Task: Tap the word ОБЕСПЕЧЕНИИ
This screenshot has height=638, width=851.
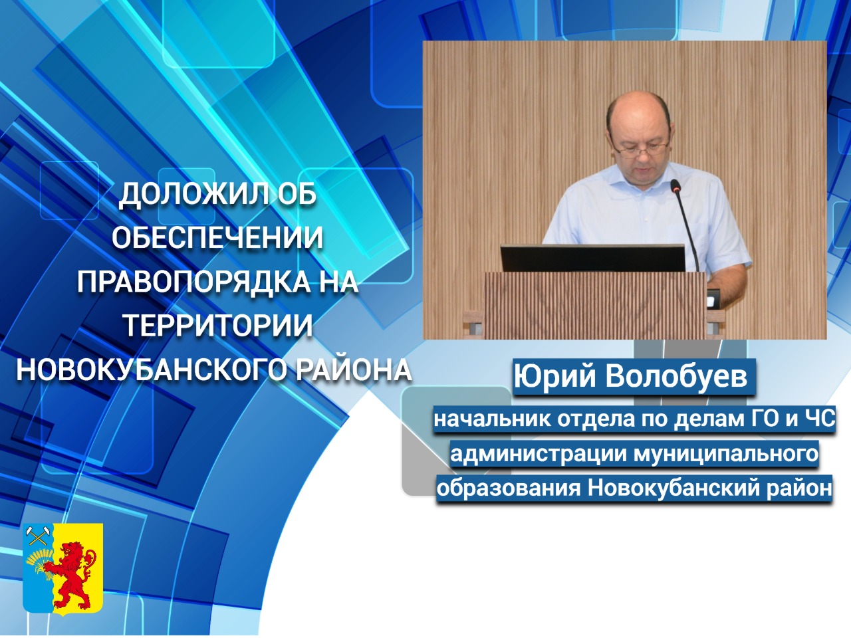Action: [217, 237]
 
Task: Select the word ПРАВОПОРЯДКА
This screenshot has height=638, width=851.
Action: [193, 281]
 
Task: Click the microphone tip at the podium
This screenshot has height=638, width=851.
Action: [675, 186]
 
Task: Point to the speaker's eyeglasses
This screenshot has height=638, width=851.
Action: [640, 149]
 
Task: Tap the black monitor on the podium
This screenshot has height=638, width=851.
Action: [593, 258]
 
